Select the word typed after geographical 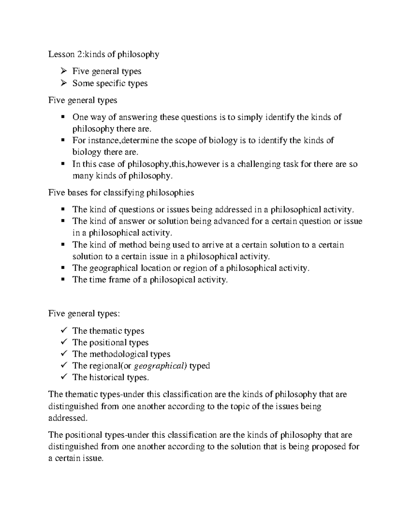pos(199,366)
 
